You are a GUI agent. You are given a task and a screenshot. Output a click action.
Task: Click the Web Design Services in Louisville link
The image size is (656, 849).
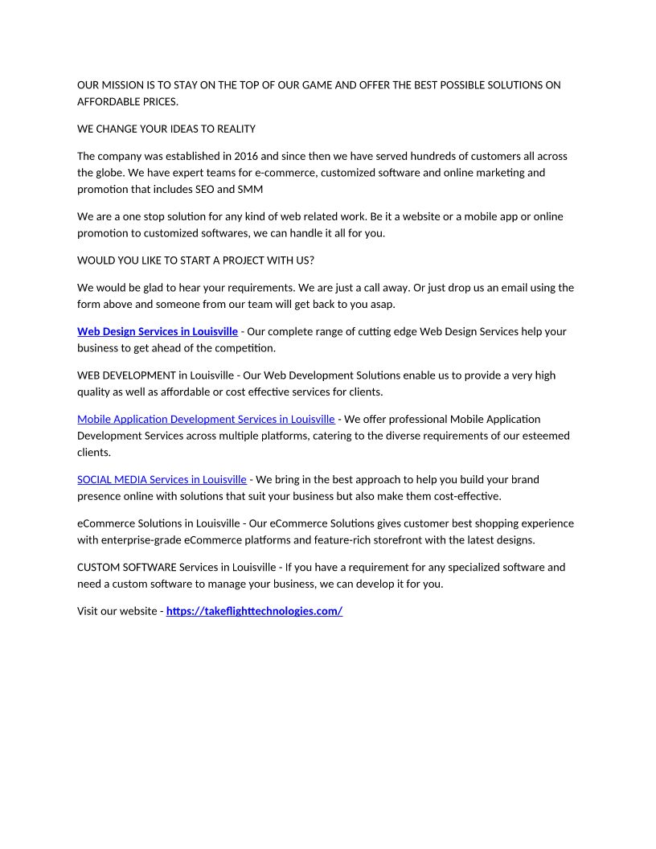coord(158,331)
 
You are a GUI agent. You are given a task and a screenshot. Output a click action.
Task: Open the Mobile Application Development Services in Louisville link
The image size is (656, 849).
coord(206,419)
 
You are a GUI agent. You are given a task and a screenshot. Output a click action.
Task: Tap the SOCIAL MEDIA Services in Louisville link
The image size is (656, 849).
coord(162,479)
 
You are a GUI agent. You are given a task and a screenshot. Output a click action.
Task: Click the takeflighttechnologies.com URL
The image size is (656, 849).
coord(254,611)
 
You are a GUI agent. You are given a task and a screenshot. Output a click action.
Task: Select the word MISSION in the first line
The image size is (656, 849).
coord(121,85)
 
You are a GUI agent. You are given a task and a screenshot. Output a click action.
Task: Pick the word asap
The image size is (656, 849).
coord(383,305)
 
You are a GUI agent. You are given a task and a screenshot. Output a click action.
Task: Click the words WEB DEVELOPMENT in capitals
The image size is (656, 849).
coord(126,375)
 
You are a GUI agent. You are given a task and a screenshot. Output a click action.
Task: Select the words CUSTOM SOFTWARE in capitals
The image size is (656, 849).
coord(126,567)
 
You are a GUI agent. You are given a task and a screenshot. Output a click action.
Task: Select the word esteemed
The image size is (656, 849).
coord(542,436)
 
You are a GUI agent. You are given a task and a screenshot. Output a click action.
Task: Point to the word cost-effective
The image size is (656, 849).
coord(464,496)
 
